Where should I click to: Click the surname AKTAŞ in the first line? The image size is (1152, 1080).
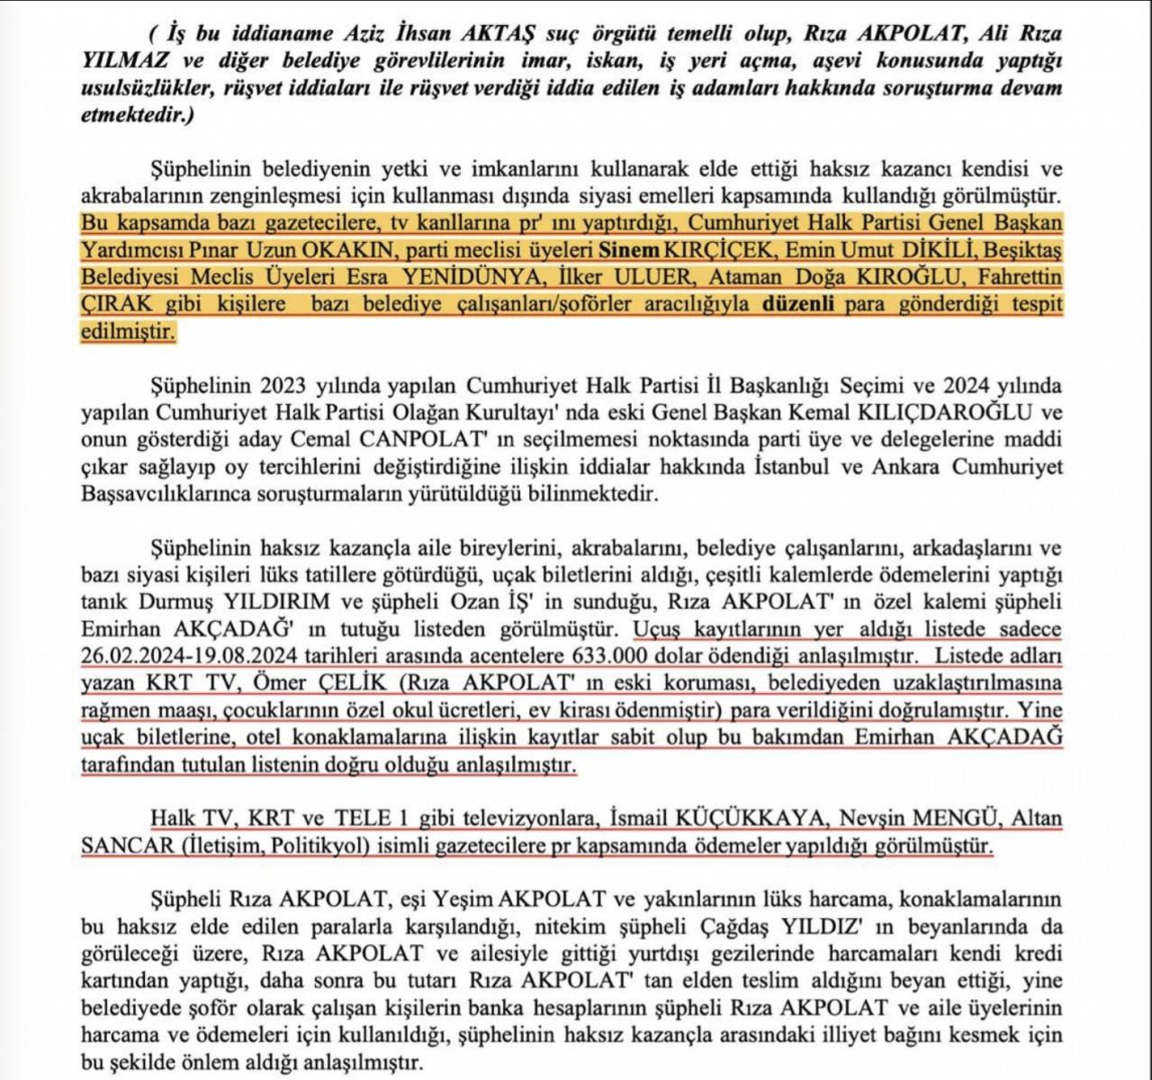pos(501,35)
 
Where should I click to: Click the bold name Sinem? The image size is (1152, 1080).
pos(630,249)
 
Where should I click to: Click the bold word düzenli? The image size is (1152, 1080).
pos(801,304)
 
